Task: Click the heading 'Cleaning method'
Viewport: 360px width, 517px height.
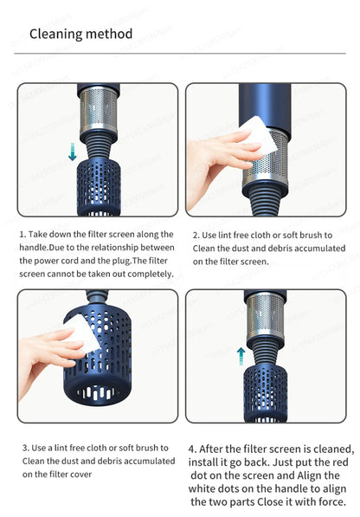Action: (x=80, y=34)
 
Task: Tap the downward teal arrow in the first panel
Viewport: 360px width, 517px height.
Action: (x=73, y=152)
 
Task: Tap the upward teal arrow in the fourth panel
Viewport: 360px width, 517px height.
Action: (x=241, y=355)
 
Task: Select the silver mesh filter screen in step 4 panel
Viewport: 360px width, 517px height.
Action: (x=265, y=316)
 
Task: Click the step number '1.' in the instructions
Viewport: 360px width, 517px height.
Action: (x=23, y=234)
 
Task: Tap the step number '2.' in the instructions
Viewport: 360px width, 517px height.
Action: (x=196, y=235)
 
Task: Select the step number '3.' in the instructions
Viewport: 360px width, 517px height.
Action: (x=27, y=448)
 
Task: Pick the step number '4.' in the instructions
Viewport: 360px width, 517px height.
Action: (x=192, y=449)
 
